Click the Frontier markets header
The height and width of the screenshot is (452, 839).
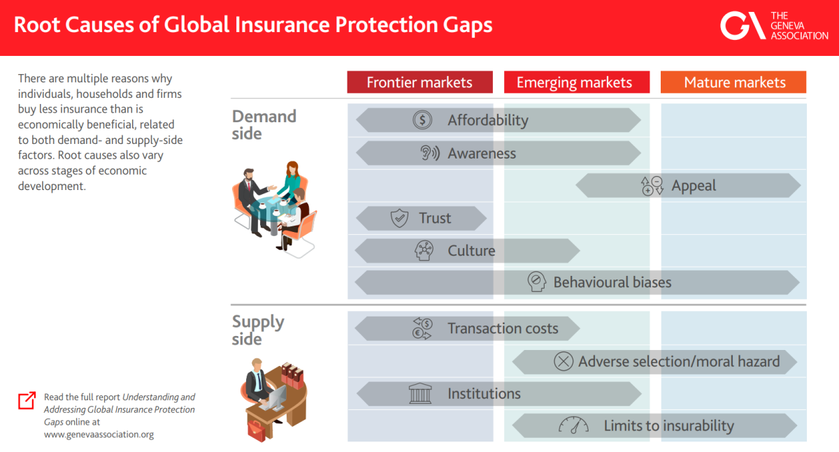pos(420,82)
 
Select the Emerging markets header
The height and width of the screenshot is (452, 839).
pos(577,82)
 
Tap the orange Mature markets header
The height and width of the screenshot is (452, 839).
pos(733,82)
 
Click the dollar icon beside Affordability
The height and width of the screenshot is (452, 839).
pos(422,120)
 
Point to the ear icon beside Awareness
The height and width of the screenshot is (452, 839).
pos(429,153)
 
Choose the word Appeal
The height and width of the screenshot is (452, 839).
pos(694,186)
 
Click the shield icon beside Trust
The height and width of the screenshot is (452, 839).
pos(399,218)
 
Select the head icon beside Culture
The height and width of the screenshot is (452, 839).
pos(424,250)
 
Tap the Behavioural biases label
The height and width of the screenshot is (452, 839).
pos(612,282)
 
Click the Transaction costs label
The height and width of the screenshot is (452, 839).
pos(503,328)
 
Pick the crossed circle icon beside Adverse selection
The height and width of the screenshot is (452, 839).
pos(564,361)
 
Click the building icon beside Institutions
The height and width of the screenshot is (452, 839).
pos(420,393)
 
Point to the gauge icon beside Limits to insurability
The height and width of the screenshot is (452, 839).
pos(573,425)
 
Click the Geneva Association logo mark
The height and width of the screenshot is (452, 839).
pos(743,25)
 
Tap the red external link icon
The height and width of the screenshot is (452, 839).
pos(27,401)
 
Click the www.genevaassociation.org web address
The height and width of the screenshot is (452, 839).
pos(99,435)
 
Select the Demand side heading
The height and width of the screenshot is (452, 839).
pos(264,125)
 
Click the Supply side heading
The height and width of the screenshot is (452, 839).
pos(258,330)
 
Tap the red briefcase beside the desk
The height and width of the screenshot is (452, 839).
pos(257,430)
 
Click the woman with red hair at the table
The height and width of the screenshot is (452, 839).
pos(292,182)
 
